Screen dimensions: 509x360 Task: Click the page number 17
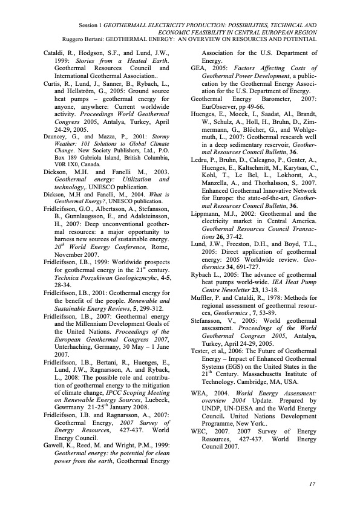(x=313, y=484)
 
